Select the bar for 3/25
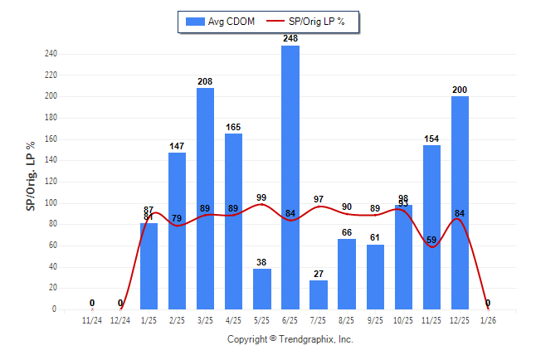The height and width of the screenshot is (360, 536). pyautogui.click(x=205, y=198)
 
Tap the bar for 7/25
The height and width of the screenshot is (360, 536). pyautogui.click(x=318, y=294)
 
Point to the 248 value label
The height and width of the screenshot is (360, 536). pyautogui.click(x=290, y=38)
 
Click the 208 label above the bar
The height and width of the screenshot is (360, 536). pyautogui.click(x=205, y=81)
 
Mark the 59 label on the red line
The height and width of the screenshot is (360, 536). pyautogui.click(x=431, y=241)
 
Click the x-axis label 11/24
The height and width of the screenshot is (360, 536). pyautogui.click(x=92, y=319)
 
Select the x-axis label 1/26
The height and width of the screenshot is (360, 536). pyautogui.click(x=488, y=319)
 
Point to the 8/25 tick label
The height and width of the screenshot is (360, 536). pyautogui.click(x=347, y=319)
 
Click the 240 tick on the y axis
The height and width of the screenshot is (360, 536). pyautogui.click(x=51, y=54)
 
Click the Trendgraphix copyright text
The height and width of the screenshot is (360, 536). pyautogui.click(x=290, y=339)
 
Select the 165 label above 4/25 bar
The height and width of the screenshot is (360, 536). pyautogui.click(x=233, y=127)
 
